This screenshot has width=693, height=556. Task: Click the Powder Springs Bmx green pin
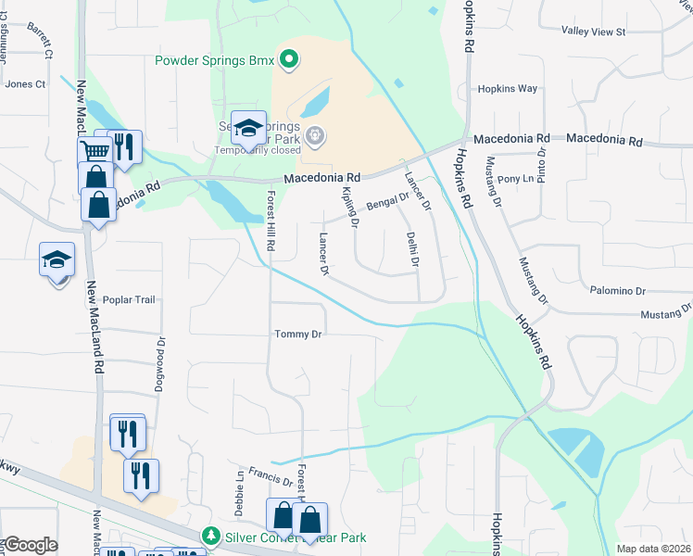click(x=289, y=60)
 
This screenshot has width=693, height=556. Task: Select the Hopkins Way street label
click(x=507, y=89)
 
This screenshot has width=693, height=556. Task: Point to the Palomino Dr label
click(x=617, y=291)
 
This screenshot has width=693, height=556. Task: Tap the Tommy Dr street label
click(x=297, y=334)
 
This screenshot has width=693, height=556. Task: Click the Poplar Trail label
click(x=131, y=300)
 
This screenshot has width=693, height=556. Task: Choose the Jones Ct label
click(x=25, y=84)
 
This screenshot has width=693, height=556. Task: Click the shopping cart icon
click(x=95, y=151)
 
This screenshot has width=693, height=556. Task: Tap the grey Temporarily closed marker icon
click(x=315, y=137)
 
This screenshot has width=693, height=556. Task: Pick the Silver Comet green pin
click(x=211, y=537)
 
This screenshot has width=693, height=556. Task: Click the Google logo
click(x=30, y=545)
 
